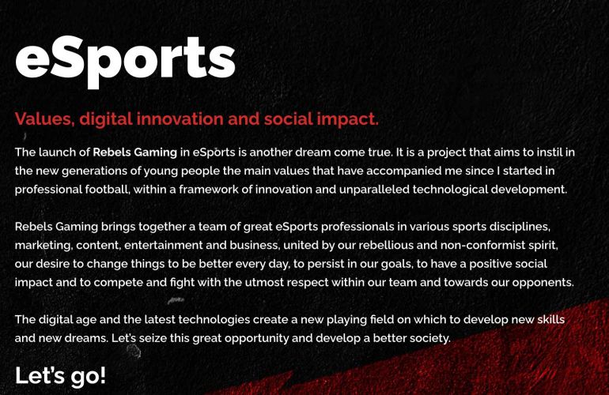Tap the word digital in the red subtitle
click(106, 119)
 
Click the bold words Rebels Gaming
click(134, 152)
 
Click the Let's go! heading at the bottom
click(60, 375)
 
